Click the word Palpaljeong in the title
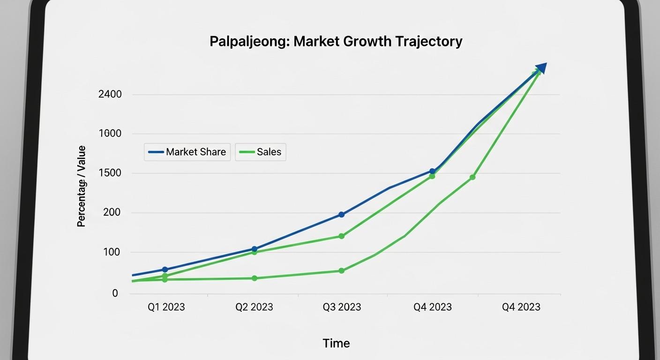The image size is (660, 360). pyautogui.click(x=249, y=42)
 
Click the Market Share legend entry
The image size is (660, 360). pyautogui.click(x=187, y=152)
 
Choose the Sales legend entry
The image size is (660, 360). pyautogui.click(x=261, y=152)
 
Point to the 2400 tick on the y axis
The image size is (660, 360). pyautogui.click(x=110, y=94)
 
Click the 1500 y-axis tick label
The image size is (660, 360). pyautogui.click(x=110, y=173)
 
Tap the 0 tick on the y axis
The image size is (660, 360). pyautogui.click(x=115, y=293)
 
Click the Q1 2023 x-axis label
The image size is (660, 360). pyautogui.click(x=166, y=307)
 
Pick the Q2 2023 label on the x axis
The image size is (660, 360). pyautogui.click(x=254, y=307)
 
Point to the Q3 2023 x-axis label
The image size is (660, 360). pyautogui.click(x=342, y=307)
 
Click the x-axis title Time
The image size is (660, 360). pyautogui.click(x=336, y=343)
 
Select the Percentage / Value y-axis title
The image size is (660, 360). pyautogui.click(x=82, y=186)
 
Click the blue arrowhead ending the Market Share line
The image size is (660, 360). pyautogui.click(x=541, y=68)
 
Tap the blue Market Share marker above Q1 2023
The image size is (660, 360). pyautogui.click(x=165, y=270)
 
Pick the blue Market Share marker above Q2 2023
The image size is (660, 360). pyautogui.click(x=254, y=249)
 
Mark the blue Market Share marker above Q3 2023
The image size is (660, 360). pyautogui.click(x=341, y=214)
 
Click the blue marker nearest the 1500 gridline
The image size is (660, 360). pyautogui.click(x=432, y=172)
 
